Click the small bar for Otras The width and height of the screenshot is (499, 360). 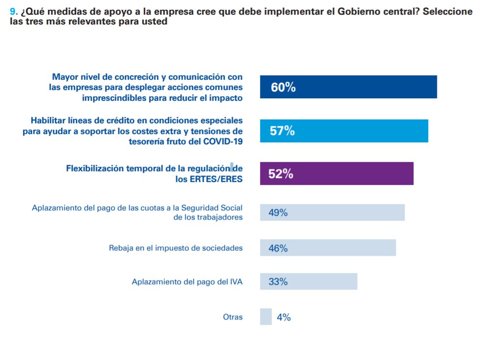point(266,316)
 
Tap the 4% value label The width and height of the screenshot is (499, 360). point(283,317)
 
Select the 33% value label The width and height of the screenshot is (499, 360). point(278,282)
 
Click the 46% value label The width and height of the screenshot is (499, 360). point(278,248)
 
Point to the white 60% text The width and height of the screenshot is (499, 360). point(283,88)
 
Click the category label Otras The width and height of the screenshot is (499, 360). point(233,317)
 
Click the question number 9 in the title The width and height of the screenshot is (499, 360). point(13,12)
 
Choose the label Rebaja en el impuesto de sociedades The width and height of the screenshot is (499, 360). point(175,248)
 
